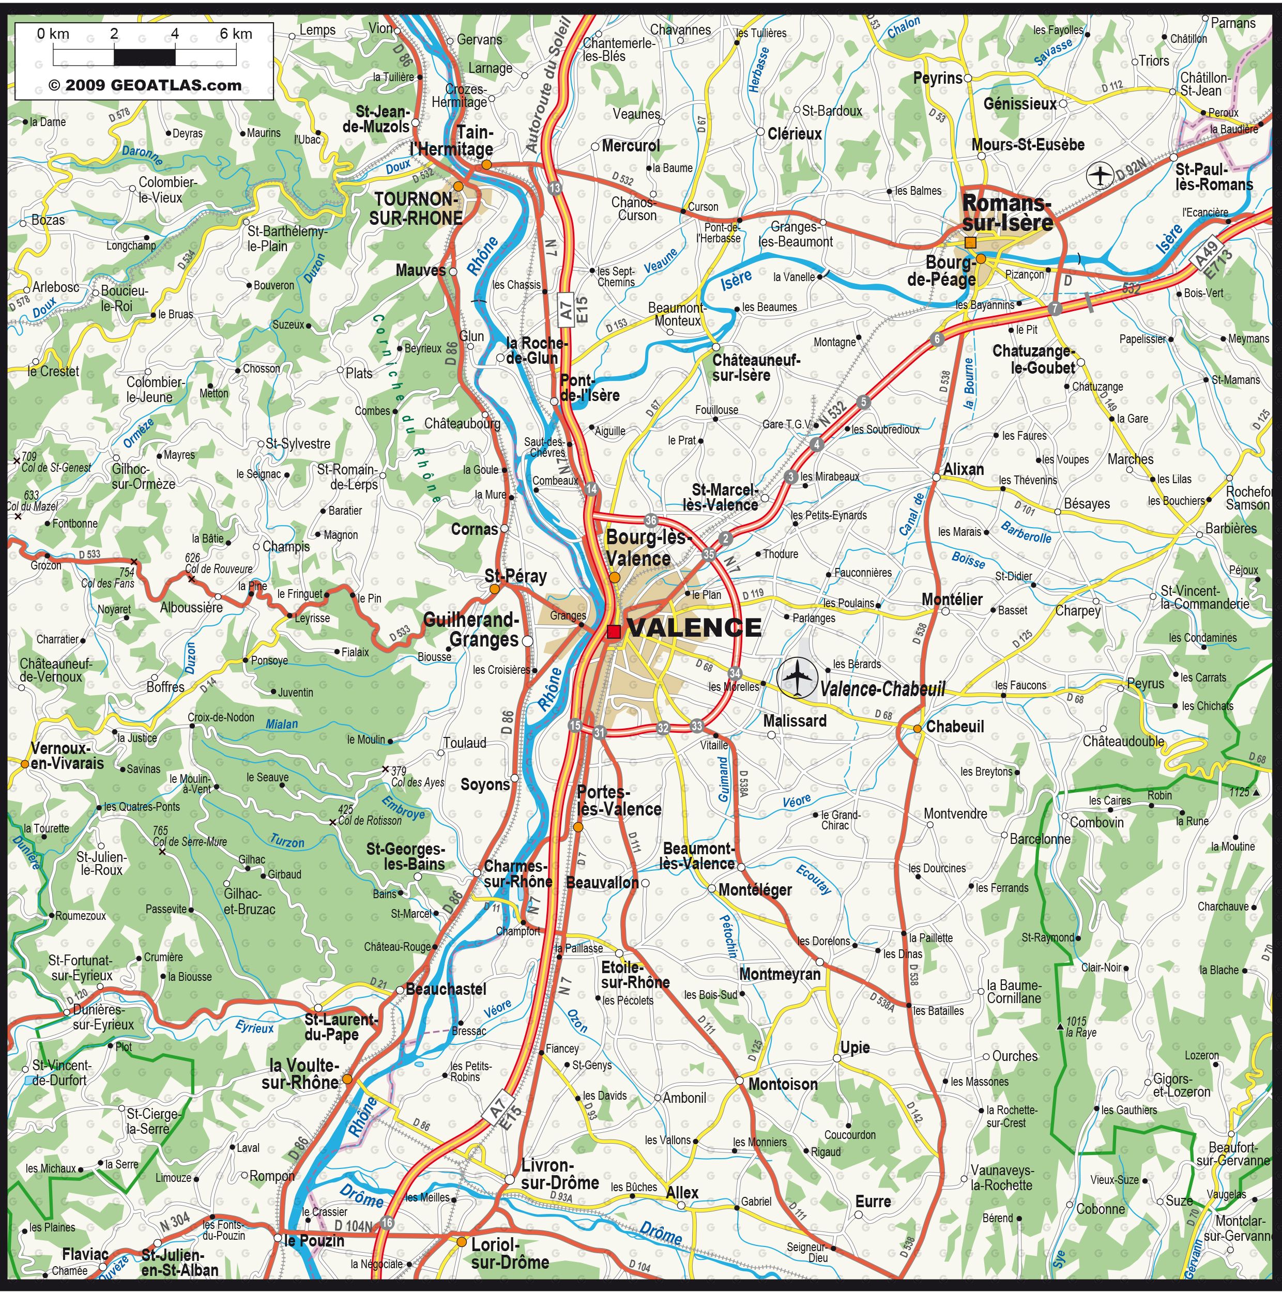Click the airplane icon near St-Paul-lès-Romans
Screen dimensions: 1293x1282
[1099, 175]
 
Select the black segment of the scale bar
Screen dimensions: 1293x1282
[145, 57]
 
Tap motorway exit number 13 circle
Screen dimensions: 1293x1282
[554, 189]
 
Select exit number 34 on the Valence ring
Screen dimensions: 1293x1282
[735, 673]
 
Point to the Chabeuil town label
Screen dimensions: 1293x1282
[955, 726]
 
